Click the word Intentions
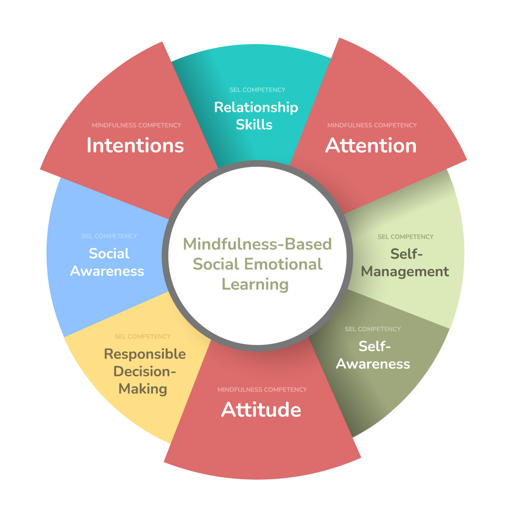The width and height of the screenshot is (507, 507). click(x=135, y=146)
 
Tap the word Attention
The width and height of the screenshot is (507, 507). click(x=371, y=146)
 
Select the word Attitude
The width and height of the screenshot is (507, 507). click(x=261, y=410)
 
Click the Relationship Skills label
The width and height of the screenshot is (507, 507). click(x=255, y=115)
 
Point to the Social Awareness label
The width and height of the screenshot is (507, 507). click(x=107, y=262)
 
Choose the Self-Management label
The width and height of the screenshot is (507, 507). click(x=405, y=263)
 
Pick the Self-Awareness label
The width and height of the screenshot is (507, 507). click(x=373, y=355)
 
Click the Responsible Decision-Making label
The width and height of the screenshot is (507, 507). click(x=145, y=371)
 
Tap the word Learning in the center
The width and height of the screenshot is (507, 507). click(x=255, y=284)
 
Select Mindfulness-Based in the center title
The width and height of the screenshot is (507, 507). click(x=257, y=244)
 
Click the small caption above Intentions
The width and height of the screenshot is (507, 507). click(x=136, y=125)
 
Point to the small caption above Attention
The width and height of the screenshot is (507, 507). click(x=372, y=125)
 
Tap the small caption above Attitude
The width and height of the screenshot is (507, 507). click(x=262, y=390)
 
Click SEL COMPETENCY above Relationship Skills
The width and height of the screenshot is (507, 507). click(x=257, y=90)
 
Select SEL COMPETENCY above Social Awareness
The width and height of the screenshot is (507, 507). click(x=109, y=236)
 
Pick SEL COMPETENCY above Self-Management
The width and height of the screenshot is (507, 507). click(x=406, y=237)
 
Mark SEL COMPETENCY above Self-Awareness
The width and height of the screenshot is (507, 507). click(x=373, y=329)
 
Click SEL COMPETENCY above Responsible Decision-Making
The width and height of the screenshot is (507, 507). click(x=143, y=337)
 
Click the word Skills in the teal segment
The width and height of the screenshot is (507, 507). click(x=254, y=124)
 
